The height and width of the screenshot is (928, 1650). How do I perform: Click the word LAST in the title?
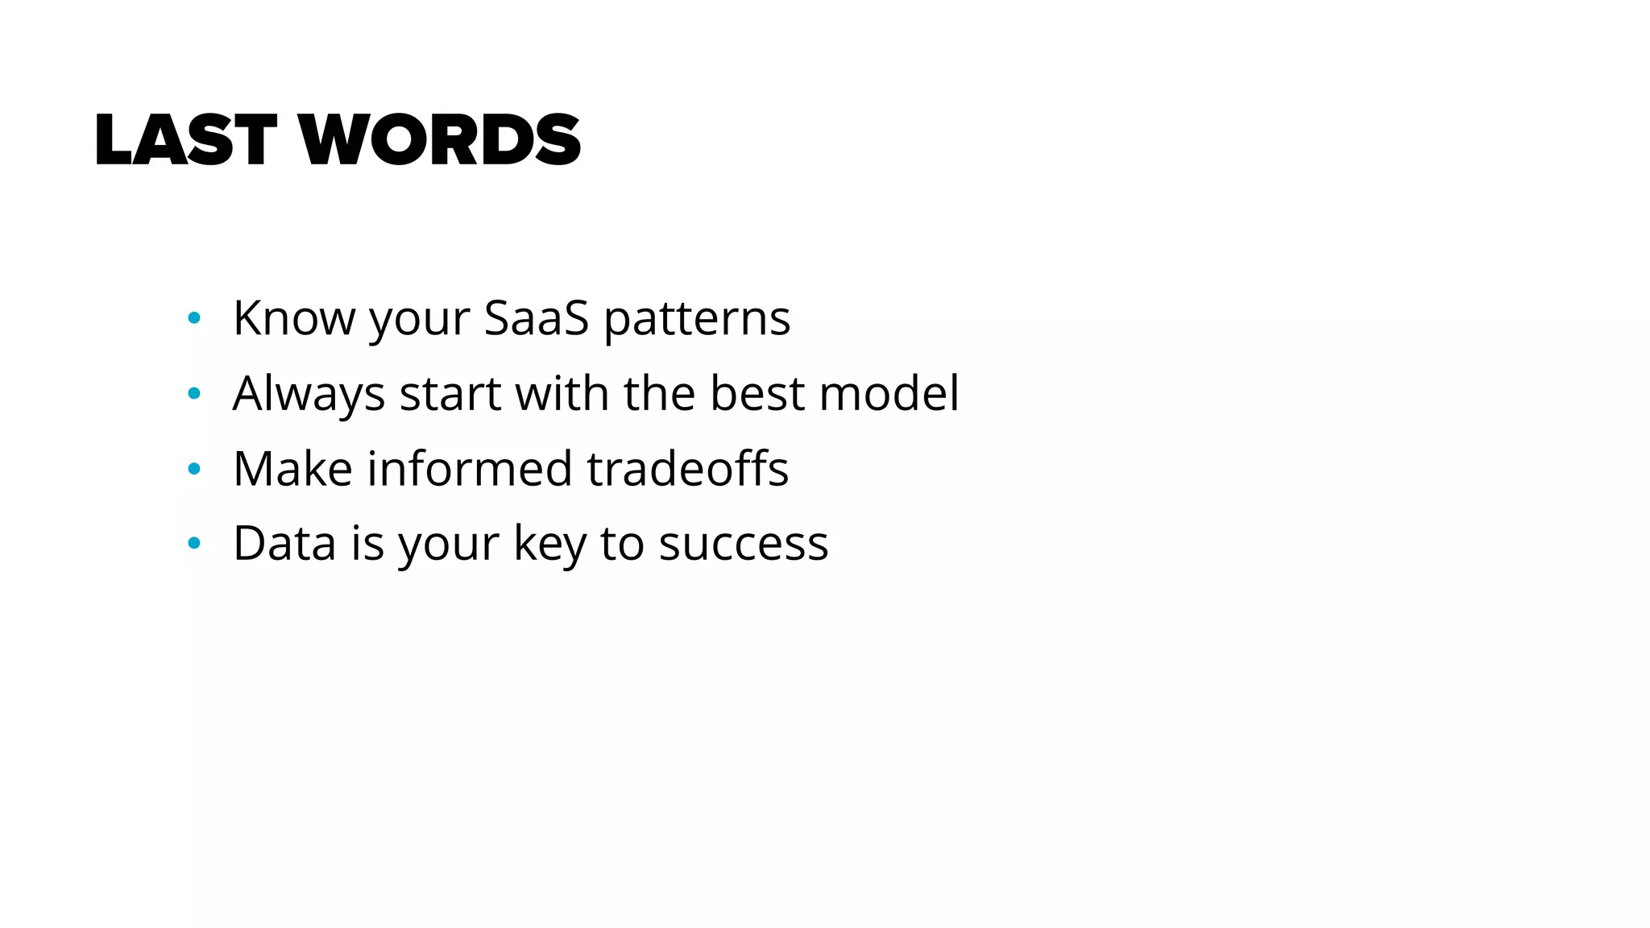click(x=185, y=140)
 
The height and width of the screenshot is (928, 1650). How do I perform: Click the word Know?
click(x=293, y=318)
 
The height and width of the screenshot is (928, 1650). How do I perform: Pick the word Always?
click(x=309, y=395)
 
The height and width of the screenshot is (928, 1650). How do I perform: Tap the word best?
click(x=757, y=393)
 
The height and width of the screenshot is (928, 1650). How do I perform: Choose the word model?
click(x=889, y=393)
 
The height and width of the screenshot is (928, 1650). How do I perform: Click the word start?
click(x=450, y=395)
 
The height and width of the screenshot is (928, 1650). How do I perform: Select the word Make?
click(x=292, y=468)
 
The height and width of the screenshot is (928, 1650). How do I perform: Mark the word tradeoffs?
click(x=687, y=468)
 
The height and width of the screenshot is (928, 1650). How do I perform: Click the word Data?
click(x=284, y=543)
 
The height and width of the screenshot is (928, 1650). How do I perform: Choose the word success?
click(x=744, y=545)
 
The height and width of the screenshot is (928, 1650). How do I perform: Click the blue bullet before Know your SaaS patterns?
click(x=193, y=318)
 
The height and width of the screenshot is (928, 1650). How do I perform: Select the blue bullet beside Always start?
click(x=193, y=394)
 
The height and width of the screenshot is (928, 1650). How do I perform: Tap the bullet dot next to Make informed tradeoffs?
click(x=193, y=469)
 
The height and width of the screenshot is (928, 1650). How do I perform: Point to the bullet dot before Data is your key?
click(x=193, y=544)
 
